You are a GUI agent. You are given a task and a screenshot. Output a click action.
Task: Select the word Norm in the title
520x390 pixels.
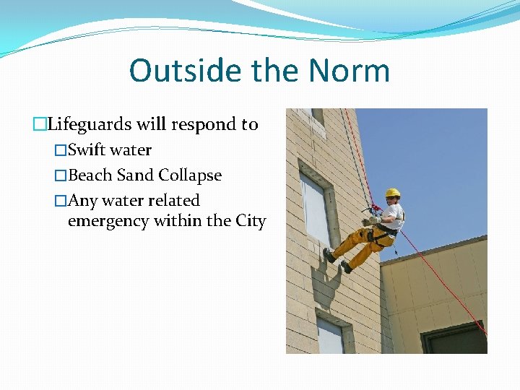point(349,71)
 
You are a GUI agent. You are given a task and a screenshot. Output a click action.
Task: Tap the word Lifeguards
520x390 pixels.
point(90,124)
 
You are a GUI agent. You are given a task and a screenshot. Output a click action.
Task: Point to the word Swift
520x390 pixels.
point(87,150)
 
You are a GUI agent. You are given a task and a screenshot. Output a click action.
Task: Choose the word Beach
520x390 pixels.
point(90,175)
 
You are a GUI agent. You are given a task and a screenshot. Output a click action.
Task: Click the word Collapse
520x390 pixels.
point(190,175)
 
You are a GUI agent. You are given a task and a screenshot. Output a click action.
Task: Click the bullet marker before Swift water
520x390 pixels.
point(61,150)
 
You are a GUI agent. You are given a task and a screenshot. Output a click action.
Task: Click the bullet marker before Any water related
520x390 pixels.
point(61,201)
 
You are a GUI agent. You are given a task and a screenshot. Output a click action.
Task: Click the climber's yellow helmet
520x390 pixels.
point(392,193)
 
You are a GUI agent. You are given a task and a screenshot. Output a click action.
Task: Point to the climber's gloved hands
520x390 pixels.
point(370,219)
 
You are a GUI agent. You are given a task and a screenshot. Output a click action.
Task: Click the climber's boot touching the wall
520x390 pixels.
point(329,255)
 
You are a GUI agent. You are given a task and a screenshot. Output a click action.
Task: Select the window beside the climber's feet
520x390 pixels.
point(314,209)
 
